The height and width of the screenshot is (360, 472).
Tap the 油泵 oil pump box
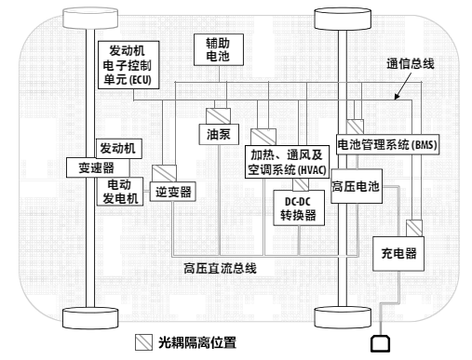(217, 133)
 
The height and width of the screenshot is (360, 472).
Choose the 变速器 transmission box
(89, 167)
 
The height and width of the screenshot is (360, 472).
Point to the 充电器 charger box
(398, 252)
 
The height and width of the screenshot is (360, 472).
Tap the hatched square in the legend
(144, 341)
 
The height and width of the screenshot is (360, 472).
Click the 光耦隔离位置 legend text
(196, 341)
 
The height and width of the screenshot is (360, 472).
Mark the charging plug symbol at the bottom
(381, 343)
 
